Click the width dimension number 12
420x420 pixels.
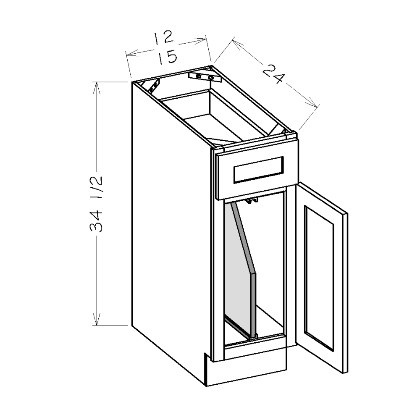click(163, 38)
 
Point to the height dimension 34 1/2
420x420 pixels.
click(96, 204)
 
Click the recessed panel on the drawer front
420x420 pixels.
click(259, 169)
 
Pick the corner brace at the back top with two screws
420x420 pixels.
click(205, 76)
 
